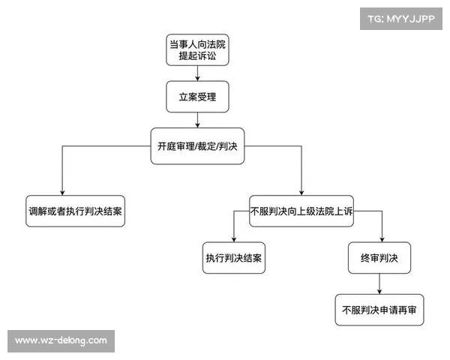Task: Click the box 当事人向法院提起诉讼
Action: pyautogui.click(x=197, y=49)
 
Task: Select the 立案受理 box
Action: pyautogui.click(x=197, y=97)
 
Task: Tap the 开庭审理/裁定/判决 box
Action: pyautogui.click(x=197, y=145)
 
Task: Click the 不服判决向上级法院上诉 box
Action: pyautogui.click(x=301, y=211)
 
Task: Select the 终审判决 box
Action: pyautogui.click(x=379, y=258)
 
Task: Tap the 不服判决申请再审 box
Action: pyautogui.click(x=379, y=309)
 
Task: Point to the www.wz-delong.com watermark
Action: pyautogui.click(x=61, y=340)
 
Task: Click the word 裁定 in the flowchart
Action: pyautogui.click(x=205, y=145)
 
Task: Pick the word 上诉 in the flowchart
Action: pyautogui.click(x=342, y=211)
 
